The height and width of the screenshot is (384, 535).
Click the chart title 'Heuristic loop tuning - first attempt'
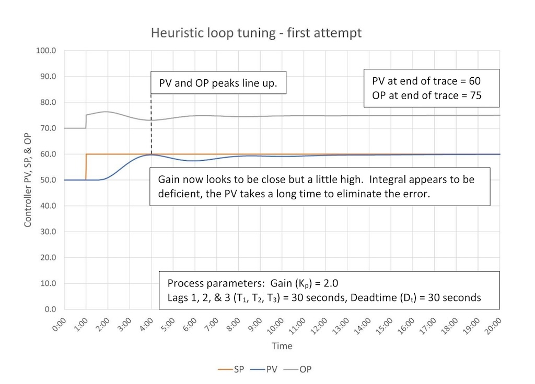click(256, 33)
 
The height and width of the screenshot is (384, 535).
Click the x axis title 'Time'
click(282, 346)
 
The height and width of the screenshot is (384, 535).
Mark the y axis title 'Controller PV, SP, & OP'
click(27, 179)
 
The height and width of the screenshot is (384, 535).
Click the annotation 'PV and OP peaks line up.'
click(218, 83)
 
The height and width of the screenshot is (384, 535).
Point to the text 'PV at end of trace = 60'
click(426, 81)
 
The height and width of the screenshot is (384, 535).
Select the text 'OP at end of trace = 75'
click(426, 95)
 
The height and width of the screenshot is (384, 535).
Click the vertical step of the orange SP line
click(86, 167)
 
